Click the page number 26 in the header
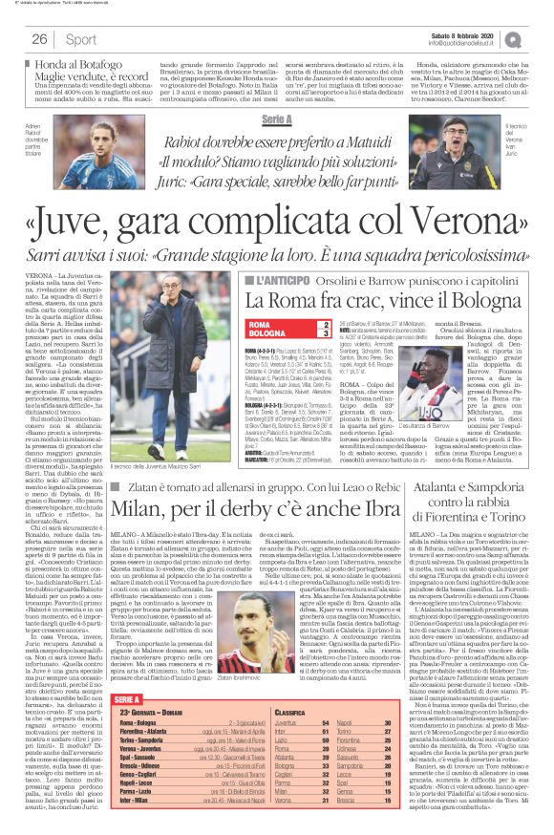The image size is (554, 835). click(x=40, y=39)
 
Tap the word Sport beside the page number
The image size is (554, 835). click(x=80, y=39)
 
